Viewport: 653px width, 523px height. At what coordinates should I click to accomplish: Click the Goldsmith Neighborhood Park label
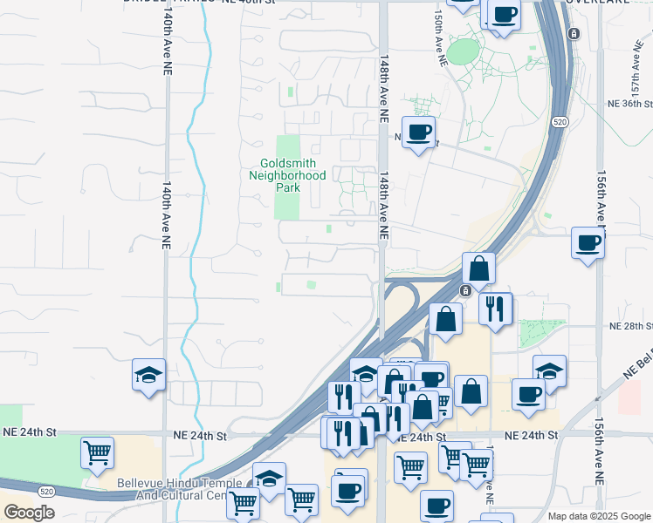(x=287, y=175)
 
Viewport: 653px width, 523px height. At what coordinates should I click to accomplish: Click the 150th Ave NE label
(x=440, y=39)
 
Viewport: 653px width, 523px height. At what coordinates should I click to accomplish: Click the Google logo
(x=28, y=513)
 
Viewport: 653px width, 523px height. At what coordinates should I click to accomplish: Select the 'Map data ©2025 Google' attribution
(x=597, y=516)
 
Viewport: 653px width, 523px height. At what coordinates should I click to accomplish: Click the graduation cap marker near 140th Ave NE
(x=149, y=375)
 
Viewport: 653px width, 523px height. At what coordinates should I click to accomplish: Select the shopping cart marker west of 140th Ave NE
(x=97, y=452)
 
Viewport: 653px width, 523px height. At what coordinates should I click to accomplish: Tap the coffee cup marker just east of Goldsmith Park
(x=419, y=132)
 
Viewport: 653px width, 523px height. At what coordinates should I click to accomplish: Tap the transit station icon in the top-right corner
(x=574, y=34)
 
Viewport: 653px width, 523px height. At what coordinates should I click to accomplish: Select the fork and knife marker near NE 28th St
(x=496, y=308)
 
